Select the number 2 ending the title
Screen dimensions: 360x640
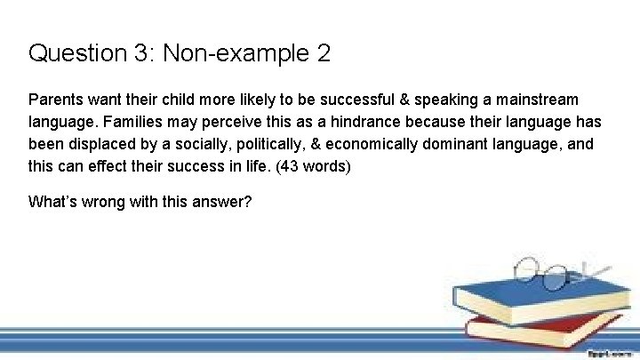(x=323, y=53)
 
